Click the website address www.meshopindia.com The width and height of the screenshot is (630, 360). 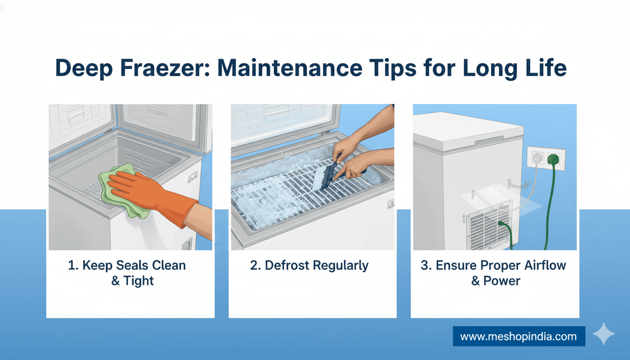coord(518,337)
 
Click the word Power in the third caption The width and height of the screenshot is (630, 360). coord(502,280)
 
